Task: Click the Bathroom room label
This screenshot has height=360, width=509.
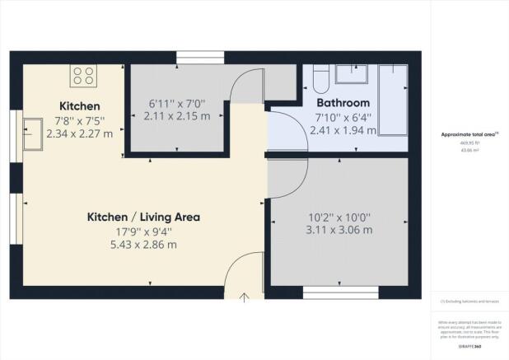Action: (343, 103)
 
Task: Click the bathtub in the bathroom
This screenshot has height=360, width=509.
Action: (392, 103)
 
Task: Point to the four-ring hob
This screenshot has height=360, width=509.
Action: (83, 76)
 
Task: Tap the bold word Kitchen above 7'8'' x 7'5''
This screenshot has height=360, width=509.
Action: (80, 106)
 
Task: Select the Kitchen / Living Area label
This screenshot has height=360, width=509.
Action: (144, 217)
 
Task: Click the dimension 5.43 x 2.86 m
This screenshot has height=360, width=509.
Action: (144, 245)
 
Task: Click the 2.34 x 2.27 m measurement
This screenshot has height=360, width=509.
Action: (80, 133)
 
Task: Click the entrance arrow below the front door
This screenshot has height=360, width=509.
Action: (245, 298)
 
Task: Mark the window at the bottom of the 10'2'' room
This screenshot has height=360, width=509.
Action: (340, 290)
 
